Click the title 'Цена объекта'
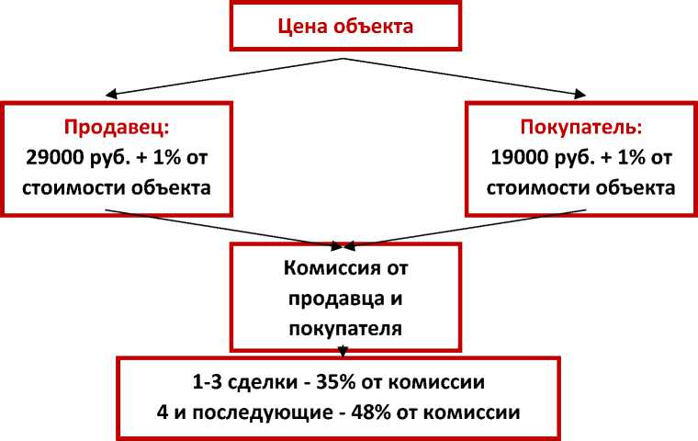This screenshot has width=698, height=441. tap(345, 26)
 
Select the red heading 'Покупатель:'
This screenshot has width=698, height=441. tap(581, 127)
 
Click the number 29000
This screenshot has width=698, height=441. tap(55, 157)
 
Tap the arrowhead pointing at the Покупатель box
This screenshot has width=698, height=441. tap(580, 94)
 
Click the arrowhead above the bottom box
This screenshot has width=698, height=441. tap(343, 351)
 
